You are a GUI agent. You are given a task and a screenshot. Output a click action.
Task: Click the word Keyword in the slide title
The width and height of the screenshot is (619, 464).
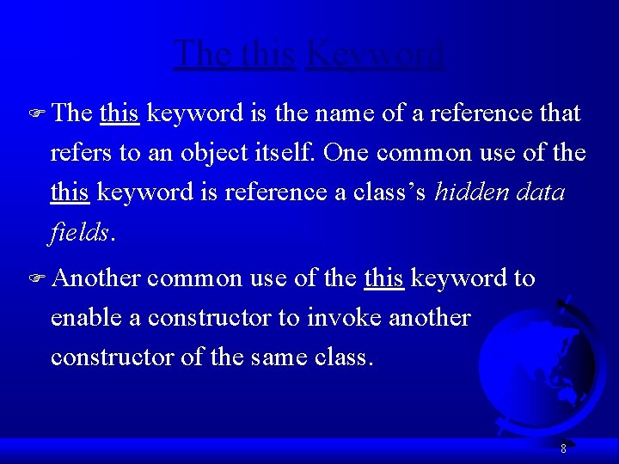tap(375, 54)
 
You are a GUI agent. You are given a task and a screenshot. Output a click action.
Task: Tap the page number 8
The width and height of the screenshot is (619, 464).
tap(563, 448)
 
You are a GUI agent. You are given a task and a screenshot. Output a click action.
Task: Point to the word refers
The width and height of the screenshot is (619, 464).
tap(82, 153)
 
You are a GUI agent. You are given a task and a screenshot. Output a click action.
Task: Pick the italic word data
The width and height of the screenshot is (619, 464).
tap(542, 192)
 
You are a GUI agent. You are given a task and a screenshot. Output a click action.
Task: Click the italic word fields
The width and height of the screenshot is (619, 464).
tap(79, 232)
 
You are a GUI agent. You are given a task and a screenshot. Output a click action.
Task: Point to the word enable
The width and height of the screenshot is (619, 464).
tap(86, 318)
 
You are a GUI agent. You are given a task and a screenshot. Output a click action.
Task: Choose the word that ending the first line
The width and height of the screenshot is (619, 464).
tap(558, 113)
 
